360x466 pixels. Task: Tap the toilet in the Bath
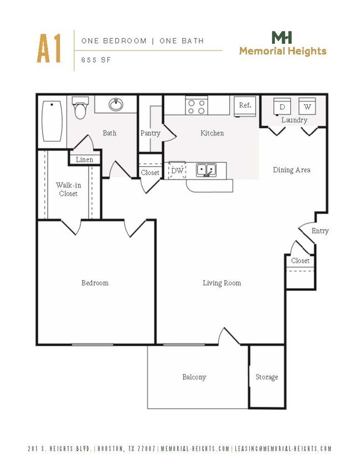point(81,109)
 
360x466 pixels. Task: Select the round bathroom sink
point(116,104)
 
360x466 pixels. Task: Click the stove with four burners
point(196,106)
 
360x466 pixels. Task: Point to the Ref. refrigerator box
point(245,105)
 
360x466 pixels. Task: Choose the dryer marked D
point(282,106)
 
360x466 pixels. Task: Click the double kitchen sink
point(206,169)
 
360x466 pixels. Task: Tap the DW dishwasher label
point(177,171)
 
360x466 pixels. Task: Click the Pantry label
point(150,134)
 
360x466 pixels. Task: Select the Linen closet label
point(85,160)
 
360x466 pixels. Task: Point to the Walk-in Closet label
point(68,190)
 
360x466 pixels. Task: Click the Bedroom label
point(95,283)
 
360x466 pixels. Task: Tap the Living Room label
point(222,283)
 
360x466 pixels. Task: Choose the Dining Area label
point(291,170)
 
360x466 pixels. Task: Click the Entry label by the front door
point(320,231)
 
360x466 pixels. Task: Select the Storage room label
point(266,377)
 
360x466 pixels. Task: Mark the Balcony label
point(194,377)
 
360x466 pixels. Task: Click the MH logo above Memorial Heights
point(282,38)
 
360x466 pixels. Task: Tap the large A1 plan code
point(49,49)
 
